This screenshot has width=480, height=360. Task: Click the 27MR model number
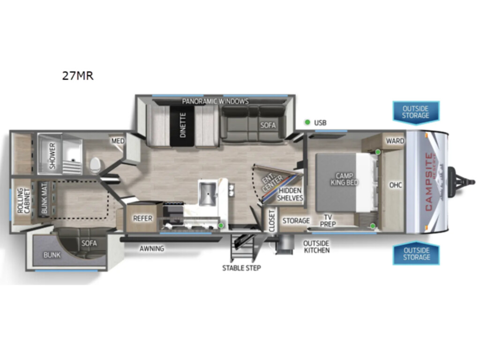[78, 75]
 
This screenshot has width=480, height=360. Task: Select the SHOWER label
[52, 156]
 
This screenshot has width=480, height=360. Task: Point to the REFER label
[142, 218]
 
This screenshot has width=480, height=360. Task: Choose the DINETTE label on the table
[183, 125]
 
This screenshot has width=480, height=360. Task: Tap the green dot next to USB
[307, 122]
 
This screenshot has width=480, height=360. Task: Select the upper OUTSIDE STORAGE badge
[416, 112]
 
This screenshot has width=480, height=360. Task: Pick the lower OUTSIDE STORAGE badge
[416, 254]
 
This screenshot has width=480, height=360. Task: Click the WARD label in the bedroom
[395, 141]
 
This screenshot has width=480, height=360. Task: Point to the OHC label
[396, 185]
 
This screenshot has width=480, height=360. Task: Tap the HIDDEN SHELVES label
[290, 195]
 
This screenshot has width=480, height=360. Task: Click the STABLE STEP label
[241, 268]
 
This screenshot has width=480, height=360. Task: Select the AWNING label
[152, 248]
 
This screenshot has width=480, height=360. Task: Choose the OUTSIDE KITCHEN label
[316, 247]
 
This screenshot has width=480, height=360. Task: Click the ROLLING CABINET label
[24, 201]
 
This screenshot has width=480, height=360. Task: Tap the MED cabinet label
[118, 141]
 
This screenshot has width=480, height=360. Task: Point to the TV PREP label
[328, 221]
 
